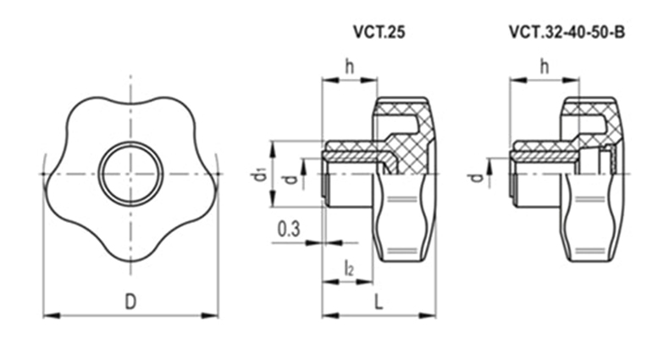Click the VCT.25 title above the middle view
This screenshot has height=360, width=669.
point(379,32)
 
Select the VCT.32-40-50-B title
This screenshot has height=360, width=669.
point(567,32)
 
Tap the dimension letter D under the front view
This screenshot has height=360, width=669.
point(130,302)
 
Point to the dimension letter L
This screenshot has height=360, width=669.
point(379,302)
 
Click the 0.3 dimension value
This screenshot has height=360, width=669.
point(289,229)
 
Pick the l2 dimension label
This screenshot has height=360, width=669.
point(349,269)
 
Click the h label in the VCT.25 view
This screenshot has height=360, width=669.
point(350,67)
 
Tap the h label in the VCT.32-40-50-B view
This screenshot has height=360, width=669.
point(545,67)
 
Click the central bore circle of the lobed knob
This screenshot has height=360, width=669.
point(131,174)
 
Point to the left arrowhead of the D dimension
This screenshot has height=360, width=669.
point(51,316)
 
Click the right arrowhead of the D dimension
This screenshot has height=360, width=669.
point(210,316)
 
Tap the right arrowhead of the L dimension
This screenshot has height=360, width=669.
point(427,316)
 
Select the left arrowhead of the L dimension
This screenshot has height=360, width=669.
point(330,316)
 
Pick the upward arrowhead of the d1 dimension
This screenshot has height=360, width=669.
point(273,148)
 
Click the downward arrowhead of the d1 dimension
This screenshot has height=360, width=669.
point(273,199)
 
